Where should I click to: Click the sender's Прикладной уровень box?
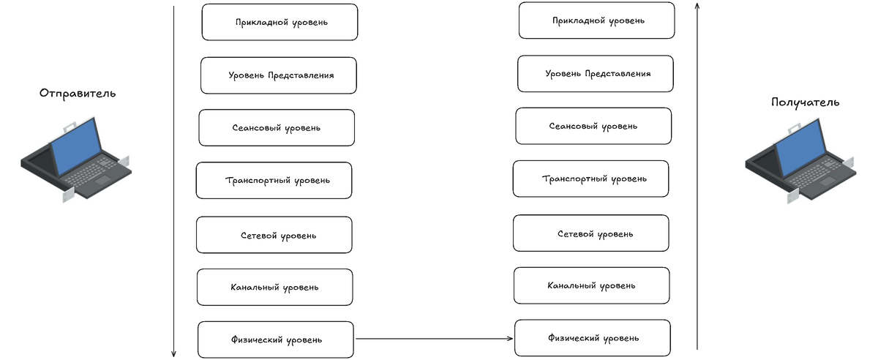[x=279, y=22]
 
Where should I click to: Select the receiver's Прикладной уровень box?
[x=596, y=20]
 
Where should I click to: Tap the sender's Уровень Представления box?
[x=279, y=75]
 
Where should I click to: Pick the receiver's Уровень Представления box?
[x=596, y=74]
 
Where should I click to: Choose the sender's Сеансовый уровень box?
[x=277, y=128]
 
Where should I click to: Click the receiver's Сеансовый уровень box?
[x=593, y=126]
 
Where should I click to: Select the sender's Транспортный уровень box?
[x=274, y=181]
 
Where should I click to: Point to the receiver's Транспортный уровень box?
[x=590, y=179]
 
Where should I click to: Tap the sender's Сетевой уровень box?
[x=274, y=235]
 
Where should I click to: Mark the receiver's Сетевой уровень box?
[x=591, y=233]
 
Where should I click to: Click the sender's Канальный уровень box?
[x=275, y=287]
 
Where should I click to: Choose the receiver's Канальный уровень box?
[x=592, y=285]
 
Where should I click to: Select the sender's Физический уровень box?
[x=276, y=340]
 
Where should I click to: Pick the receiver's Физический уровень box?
[x=593, y=338]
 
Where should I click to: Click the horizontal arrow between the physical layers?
[x=434, y=339]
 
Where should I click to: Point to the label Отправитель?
[x=78, y=94]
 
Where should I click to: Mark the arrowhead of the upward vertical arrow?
[x=697, y=6]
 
